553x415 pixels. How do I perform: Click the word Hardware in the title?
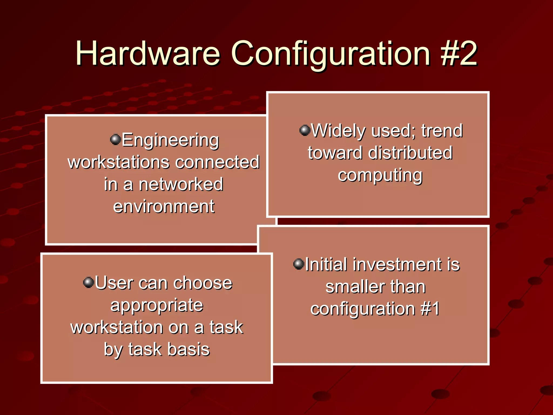coord(148,53)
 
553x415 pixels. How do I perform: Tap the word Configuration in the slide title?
coord(330,53)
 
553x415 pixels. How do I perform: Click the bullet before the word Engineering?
coord(115,139)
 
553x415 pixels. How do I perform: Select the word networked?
coord(181,184)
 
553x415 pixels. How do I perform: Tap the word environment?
coord(164,206)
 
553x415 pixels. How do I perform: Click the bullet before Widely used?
coord(305,130)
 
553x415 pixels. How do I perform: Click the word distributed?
coord(410,153)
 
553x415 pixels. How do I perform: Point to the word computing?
coord(380,175)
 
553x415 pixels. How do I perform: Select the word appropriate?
coord(157,305)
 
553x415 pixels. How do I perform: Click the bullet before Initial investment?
coord(299,264)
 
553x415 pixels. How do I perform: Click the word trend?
coord(442,131)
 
